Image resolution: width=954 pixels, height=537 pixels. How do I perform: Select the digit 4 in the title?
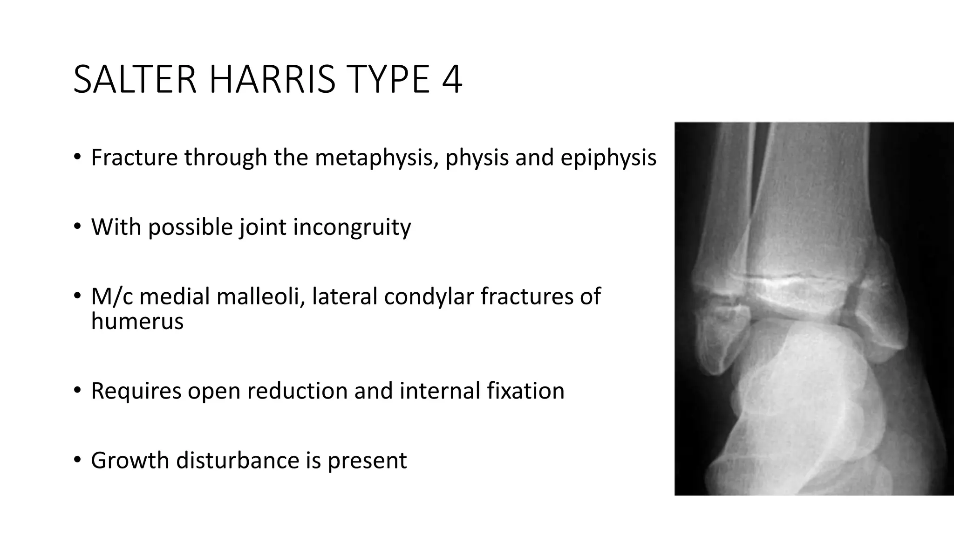tap(451, 80)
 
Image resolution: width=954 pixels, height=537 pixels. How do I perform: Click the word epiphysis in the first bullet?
tap(608, 158)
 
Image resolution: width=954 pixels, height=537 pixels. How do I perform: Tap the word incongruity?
tap(352, 227)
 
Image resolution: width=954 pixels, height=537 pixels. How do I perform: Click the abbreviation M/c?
tap(111, 296)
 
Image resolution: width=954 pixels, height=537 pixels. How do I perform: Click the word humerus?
tap(137, 321)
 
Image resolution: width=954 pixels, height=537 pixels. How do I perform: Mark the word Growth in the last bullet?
tap(130, 461)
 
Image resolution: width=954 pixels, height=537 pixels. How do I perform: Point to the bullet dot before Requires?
tap(77, 390)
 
